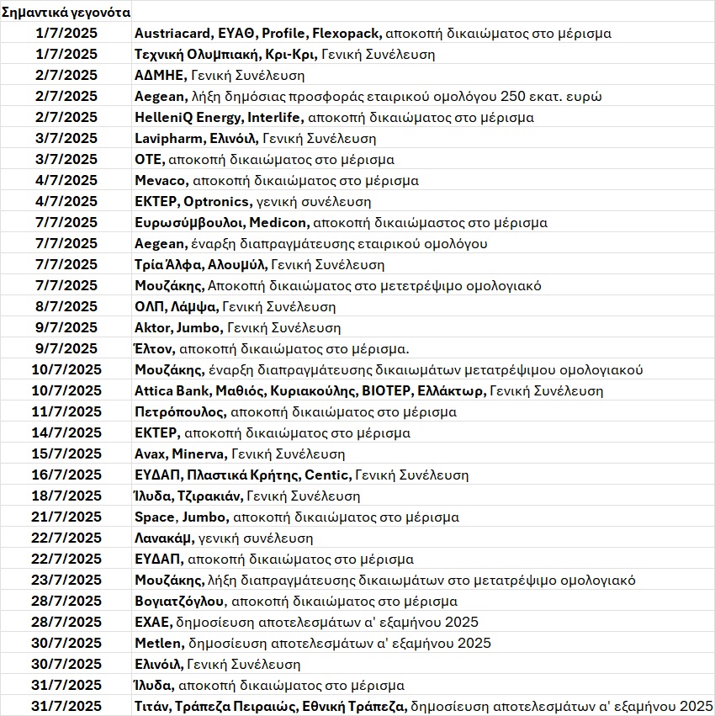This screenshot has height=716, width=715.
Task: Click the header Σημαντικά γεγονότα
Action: [x=66, y=13]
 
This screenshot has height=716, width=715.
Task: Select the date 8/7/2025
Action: [x=66, y=307]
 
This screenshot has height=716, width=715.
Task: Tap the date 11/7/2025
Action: [x=66, y=412]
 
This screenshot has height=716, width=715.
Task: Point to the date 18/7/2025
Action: [x=66, y=496]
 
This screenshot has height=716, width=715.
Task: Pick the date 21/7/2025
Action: [x=66, y=517]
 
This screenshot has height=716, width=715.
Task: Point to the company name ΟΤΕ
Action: [x=148, y=160]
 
